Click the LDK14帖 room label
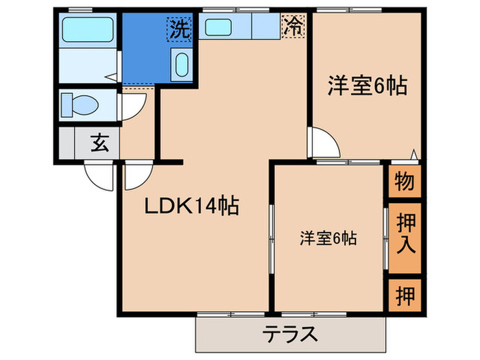(191, 206)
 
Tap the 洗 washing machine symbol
(179, 29)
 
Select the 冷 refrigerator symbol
(293, 27)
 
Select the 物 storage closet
(404, 182)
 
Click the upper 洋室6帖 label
(366, 86)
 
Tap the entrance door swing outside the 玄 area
(99, 177)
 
